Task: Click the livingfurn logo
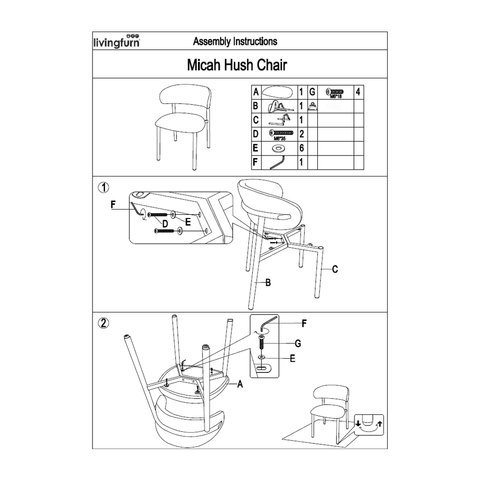coord(116,41)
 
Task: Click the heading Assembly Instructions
coord(235,41)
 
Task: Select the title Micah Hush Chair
coord(237,65)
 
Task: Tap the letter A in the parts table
coord(256,92)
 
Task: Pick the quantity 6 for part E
coord(301,148)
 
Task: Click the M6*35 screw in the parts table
coord(278,133)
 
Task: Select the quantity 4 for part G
coord(358,92)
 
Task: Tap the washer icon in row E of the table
coord(277,149)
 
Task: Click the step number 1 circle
coord(104,187)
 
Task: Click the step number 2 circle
coord(104,322)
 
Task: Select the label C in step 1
coord(335,269)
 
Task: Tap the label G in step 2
coord(298,343)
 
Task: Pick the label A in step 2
coord(240,384)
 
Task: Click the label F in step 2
coord(303,323)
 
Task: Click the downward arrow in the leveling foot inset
coord(358,423)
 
